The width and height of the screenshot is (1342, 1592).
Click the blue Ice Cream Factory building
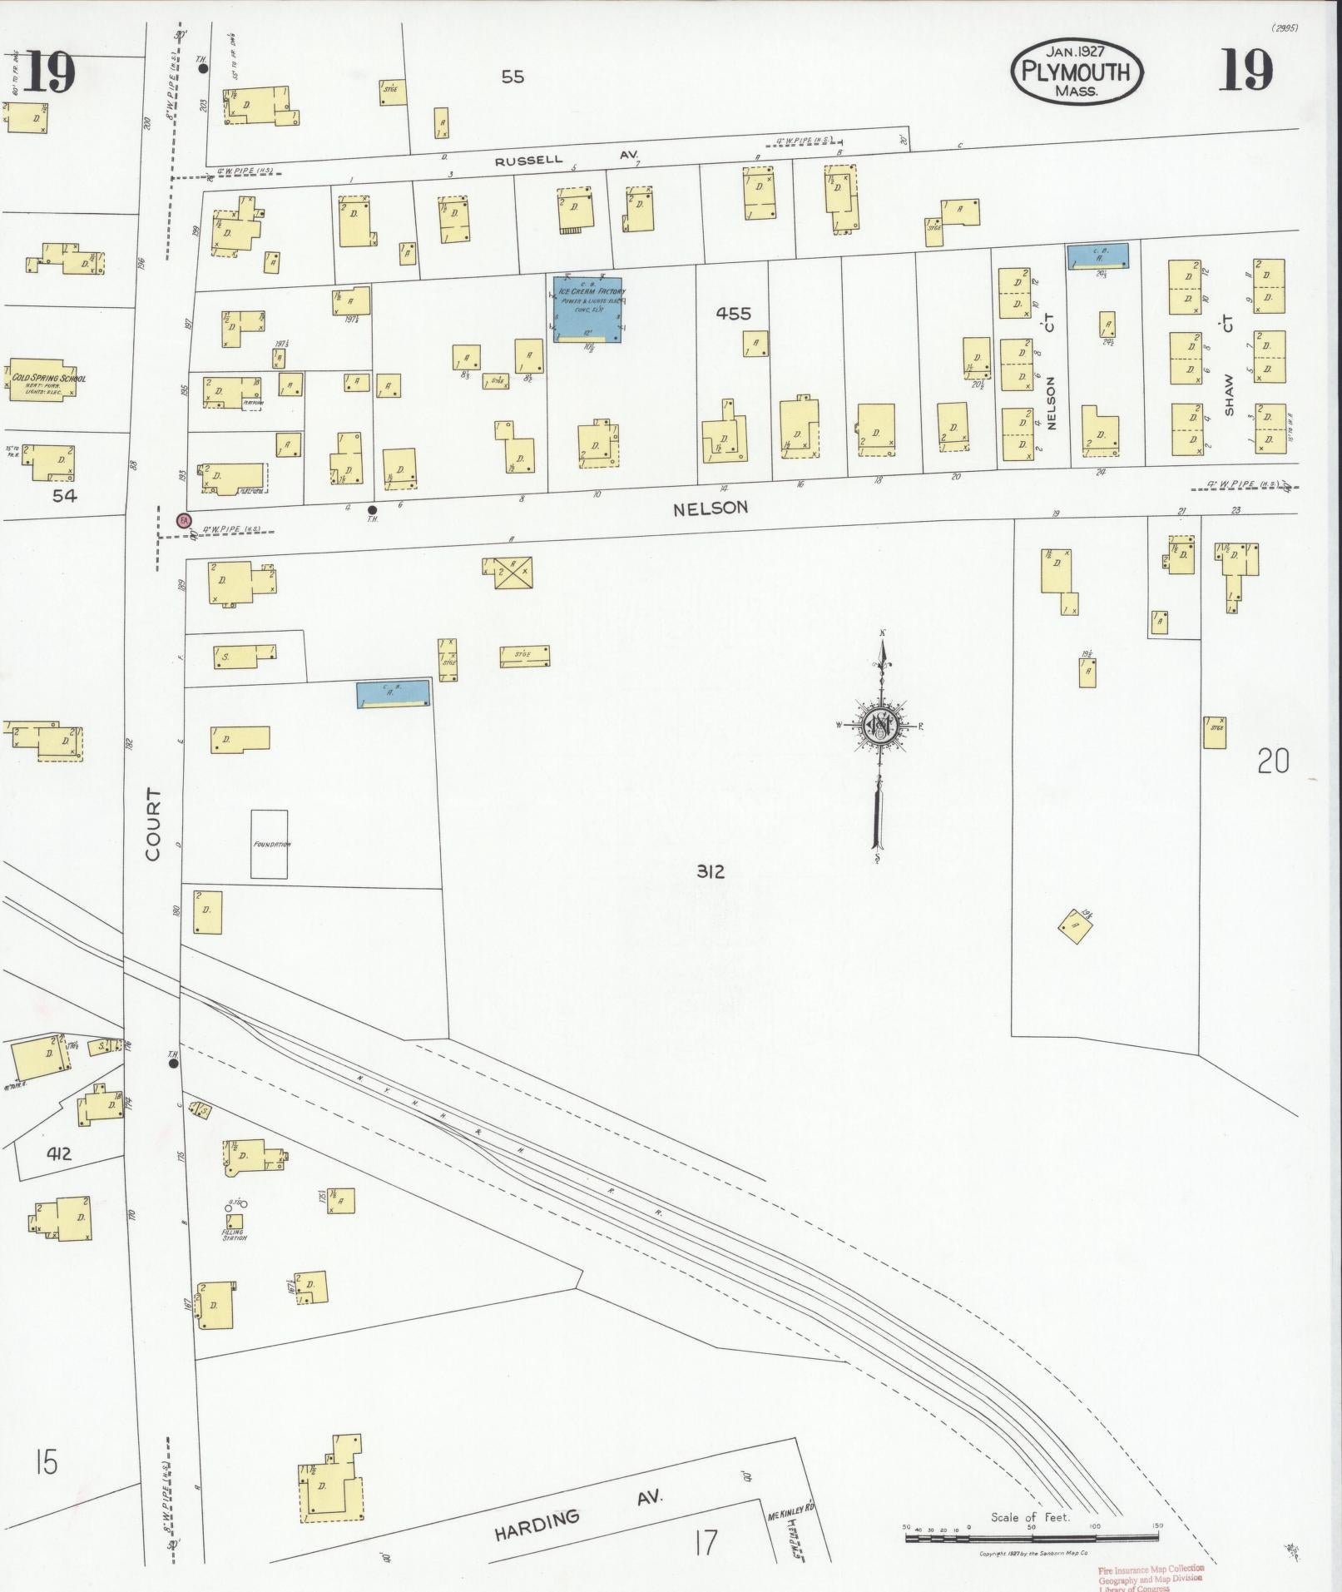coord(588,310)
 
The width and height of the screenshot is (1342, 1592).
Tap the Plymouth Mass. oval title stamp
coord(1077,72)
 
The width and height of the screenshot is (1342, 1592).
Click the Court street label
coord(152,824)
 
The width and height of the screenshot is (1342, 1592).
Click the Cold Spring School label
coord(48,379)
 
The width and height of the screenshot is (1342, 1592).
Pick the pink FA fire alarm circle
coord(185,520)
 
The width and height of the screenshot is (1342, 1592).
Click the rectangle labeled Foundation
coord(270,844)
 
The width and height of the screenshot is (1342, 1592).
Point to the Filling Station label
coord(234,1235)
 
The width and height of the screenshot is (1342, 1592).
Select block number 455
coord(733,314)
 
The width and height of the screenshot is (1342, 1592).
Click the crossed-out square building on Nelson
coord(513,573)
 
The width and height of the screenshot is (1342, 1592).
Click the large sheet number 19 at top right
coord(1245,70)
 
